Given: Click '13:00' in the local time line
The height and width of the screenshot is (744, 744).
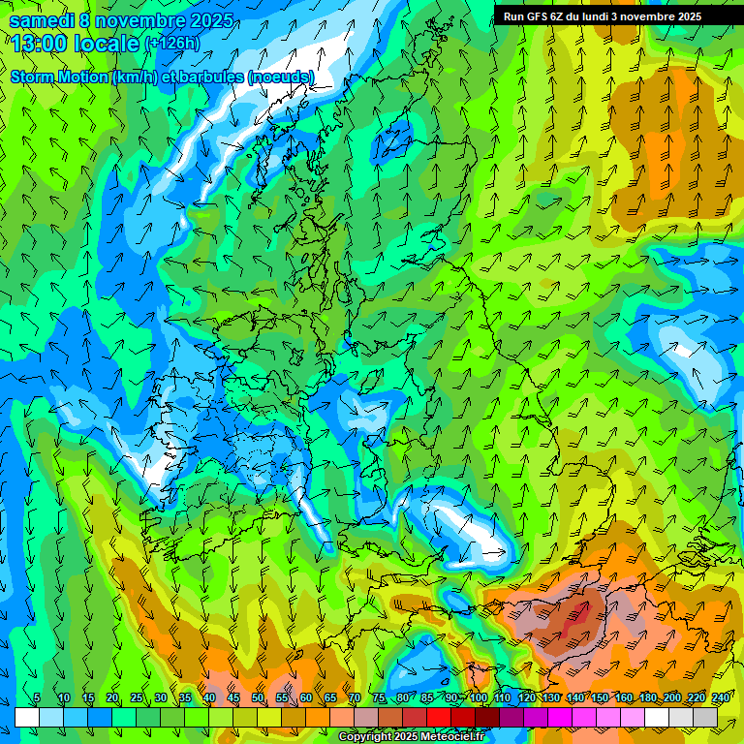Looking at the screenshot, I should coord(39,44).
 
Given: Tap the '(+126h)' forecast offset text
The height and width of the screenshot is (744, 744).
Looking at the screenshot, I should coord(172,44).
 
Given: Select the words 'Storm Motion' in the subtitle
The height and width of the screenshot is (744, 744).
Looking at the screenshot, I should coord(57,77).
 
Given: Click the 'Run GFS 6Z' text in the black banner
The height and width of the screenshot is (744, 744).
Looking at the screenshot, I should coord(534,16).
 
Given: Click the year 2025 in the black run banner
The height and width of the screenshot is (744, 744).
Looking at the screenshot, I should coord(684,16).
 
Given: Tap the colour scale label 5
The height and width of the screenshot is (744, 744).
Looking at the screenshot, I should coord(37,698).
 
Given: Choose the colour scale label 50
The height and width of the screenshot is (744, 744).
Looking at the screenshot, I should coord(258,698).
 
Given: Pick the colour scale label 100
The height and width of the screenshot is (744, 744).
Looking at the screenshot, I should coord(478,698).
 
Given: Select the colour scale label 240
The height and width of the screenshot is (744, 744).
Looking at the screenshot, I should coord(720,698).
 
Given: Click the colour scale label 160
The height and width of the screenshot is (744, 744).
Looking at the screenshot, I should coord(623,698).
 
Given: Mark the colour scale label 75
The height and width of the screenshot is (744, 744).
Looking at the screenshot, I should coord(379,698).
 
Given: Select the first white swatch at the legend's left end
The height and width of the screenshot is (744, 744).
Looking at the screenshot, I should coord(27,717).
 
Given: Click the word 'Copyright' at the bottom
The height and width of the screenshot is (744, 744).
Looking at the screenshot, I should coord(363,737).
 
